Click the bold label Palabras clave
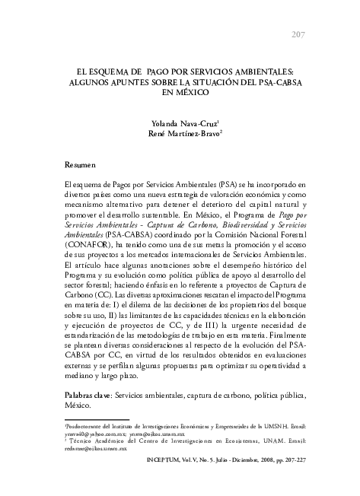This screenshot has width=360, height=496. tap(87, 396)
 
